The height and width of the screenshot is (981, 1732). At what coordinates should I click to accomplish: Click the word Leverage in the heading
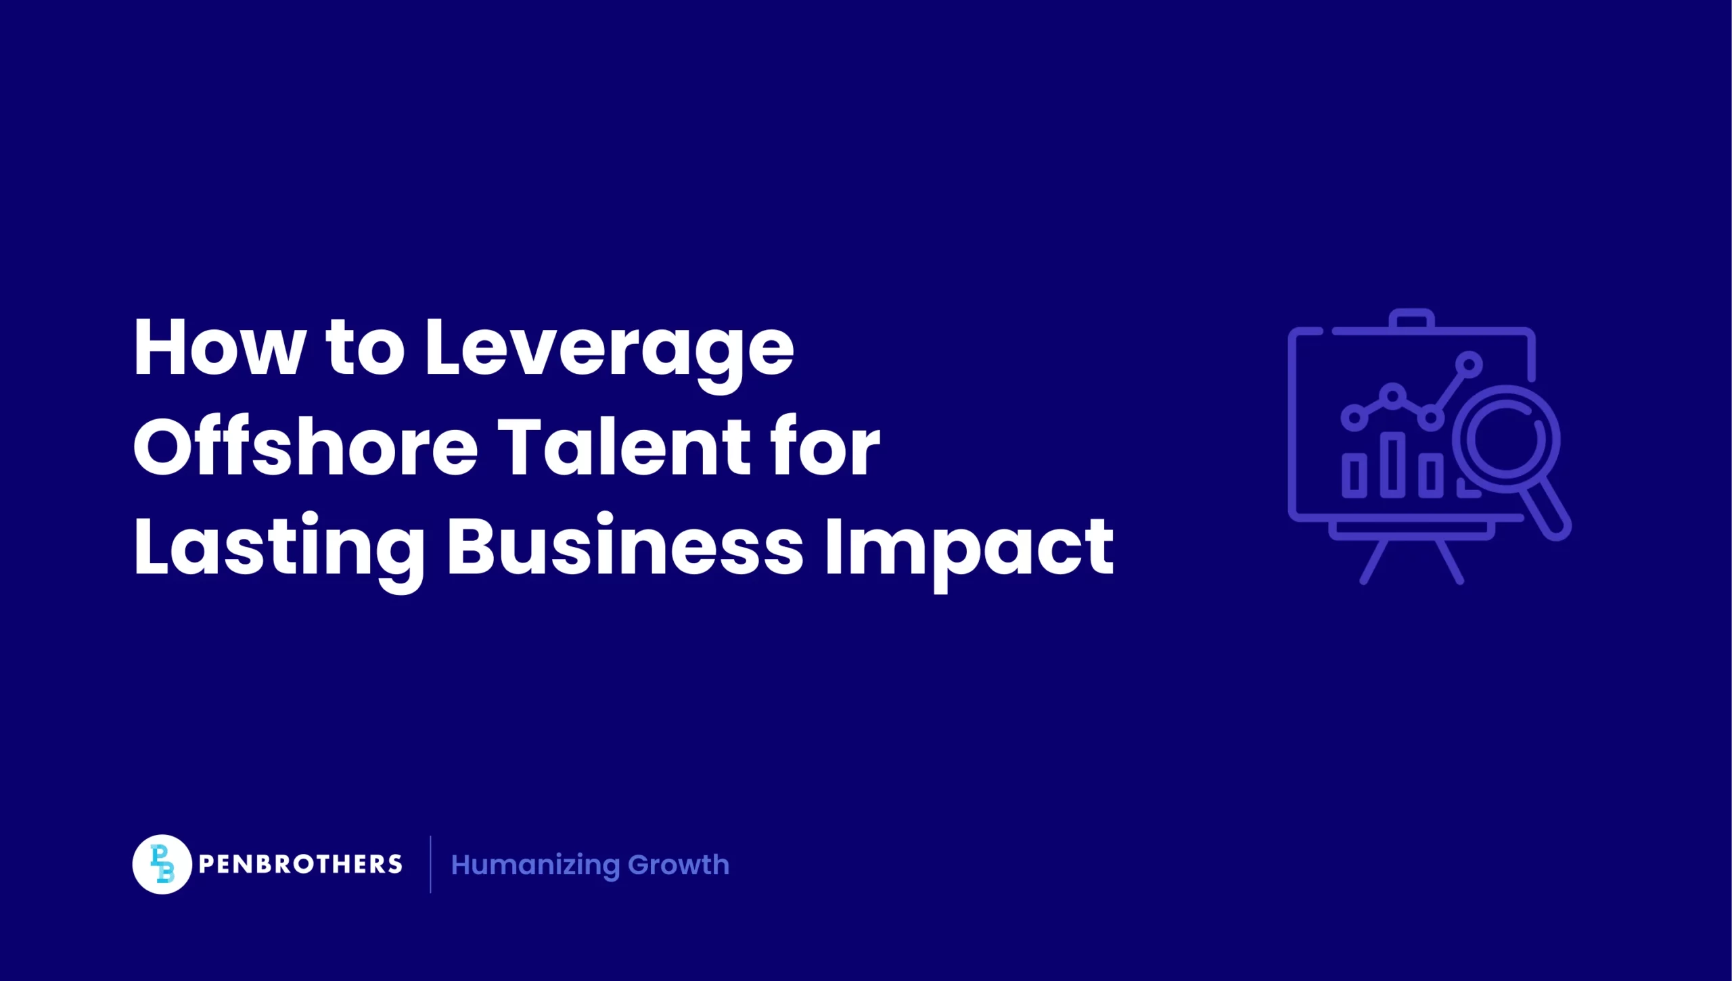pos(609,349)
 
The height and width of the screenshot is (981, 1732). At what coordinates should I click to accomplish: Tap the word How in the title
pos(218,348)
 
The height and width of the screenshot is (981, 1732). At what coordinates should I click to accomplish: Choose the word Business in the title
pos(624,546)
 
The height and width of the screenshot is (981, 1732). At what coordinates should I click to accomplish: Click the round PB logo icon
pos(162,864)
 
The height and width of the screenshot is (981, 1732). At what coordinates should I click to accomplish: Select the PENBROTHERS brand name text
pos(300,864)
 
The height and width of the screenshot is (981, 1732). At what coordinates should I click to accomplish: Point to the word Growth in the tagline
pos(679,865)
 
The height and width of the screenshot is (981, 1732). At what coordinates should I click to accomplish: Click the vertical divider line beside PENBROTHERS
pos(430,864)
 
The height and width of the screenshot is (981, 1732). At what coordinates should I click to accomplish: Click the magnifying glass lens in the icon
pos(1506,439)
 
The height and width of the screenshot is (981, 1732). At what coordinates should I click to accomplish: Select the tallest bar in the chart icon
pos(1392,464)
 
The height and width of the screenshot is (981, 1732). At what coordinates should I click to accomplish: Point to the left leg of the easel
pos(1374,561)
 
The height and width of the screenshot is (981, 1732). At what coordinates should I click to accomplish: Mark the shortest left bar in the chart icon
pos(1354,475)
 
